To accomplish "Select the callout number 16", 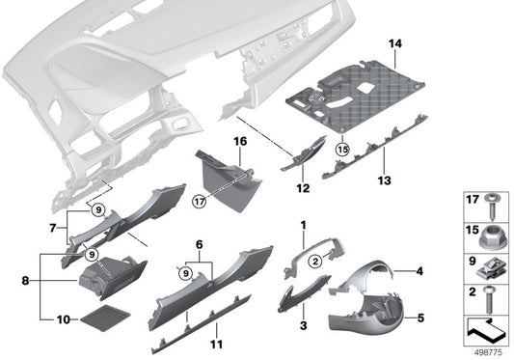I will point(239,141).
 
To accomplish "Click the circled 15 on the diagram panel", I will point(342,149).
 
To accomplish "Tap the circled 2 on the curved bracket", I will point(313,259).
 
